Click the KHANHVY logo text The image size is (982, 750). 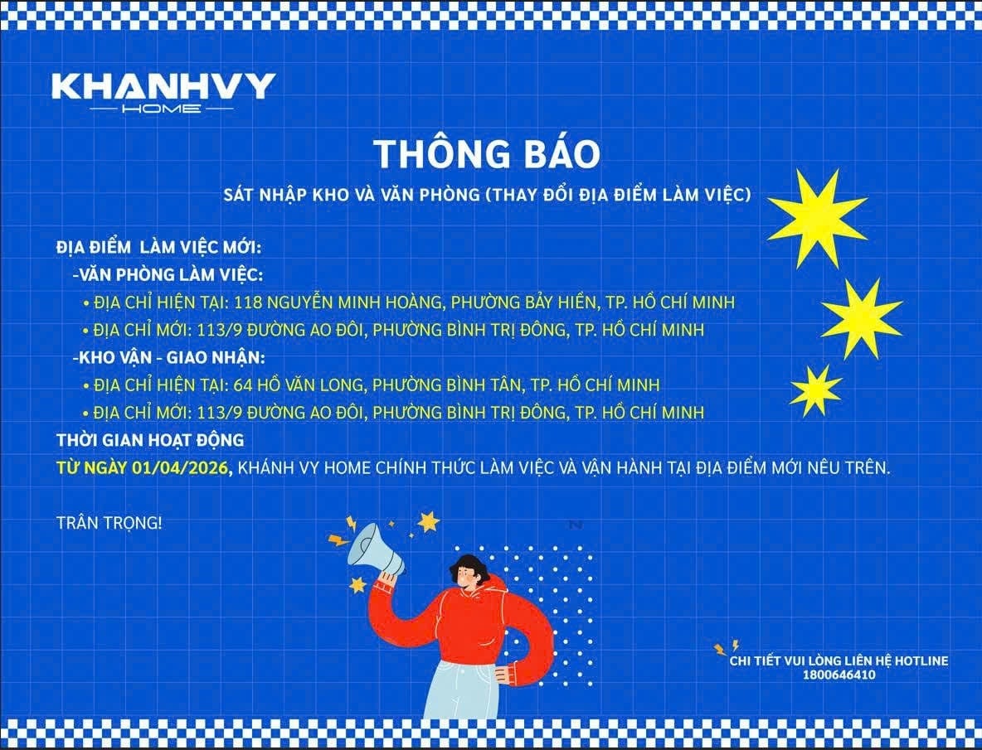(163, 87)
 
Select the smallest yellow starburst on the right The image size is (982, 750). (815, 390)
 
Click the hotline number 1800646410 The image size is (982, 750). (839, 675)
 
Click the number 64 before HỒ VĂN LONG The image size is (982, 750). (244, 385)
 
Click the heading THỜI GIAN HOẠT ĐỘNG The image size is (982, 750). (150, 440)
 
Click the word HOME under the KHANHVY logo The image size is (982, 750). (161, 109)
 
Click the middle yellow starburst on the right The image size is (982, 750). (862, 317)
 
